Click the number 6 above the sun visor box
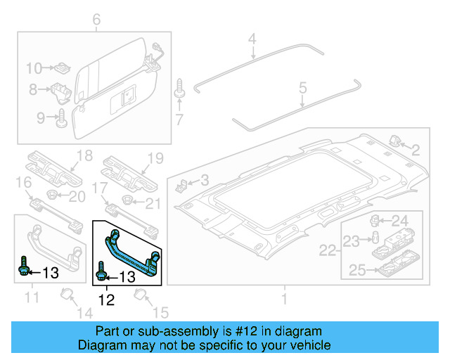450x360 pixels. (96, 20)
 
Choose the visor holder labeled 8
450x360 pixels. (61, 90)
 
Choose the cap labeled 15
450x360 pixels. (139, 295)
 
